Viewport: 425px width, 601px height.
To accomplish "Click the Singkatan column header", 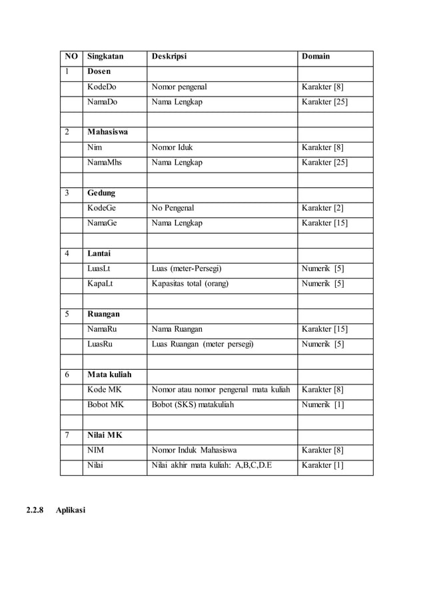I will tap(105, 57).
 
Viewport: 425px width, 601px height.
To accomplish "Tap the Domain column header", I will tap(316, 57).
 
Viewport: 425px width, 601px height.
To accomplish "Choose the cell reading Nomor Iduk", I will tap(172, 147).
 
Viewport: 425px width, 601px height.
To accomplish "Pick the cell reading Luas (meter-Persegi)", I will tap(187, 269).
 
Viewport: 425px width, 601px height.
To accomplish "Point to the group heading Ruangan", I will tap(103, 314).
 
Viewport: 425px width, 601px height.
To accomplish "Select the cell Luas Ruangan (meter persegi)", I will tap(203, 344).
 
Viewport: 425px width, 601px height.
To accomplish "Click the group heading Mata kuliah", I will tap(109, 374).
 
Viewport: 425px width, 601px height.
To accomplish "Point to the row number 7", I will tap(67, 435).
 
